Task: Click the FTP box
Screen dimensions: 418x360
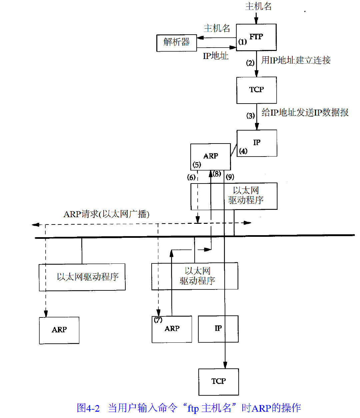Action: (256, 37)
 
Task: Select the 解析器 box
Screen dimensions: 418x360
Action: (176, 42)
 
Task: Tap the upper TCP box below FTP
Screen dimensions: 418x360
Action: (256, 90)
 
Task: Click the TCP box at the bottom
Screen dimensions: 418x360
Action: (218, 381)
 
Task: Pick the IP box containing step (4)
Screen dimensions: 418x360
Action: (257, 143)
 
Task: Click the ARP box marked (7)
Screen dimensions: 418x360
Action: (172, 329)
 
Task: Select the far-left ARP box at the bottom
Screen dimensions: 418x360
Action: (59, 330)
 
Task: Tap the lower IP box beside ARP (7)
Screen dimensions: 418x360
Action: (218, 329)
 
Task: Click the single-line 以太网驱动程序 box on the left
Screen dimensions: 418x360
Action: (82, 277)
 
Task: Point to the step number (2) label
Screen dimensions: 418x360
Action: (250, 63)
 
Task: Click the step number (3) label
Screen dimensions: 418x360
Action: (251, 116)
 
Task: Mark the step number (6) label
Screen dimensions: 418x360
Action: (191, 178)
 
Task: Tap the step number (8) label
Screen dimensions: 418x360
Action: (217, 174)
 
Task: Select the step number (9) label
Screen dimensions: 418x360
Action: (230, 177)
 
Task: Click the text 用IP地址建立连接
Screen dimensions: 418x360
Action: (296, 60)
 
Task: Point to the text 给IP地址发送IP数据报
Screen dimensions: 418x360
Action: (305, 113)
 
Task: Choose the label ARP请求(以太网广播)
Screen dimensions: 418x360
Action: (106, 214)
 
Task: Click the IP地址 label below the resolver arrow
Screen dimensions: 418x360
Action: (216, 56)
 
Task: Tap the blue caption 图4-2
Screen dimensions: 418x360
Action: (88, 408)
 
